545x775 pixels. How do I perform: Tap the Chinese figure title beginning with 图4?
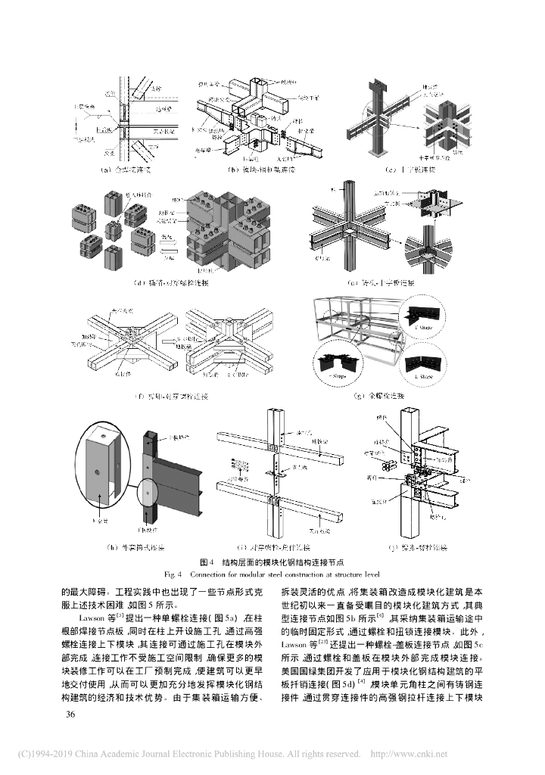click(272, 562)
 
